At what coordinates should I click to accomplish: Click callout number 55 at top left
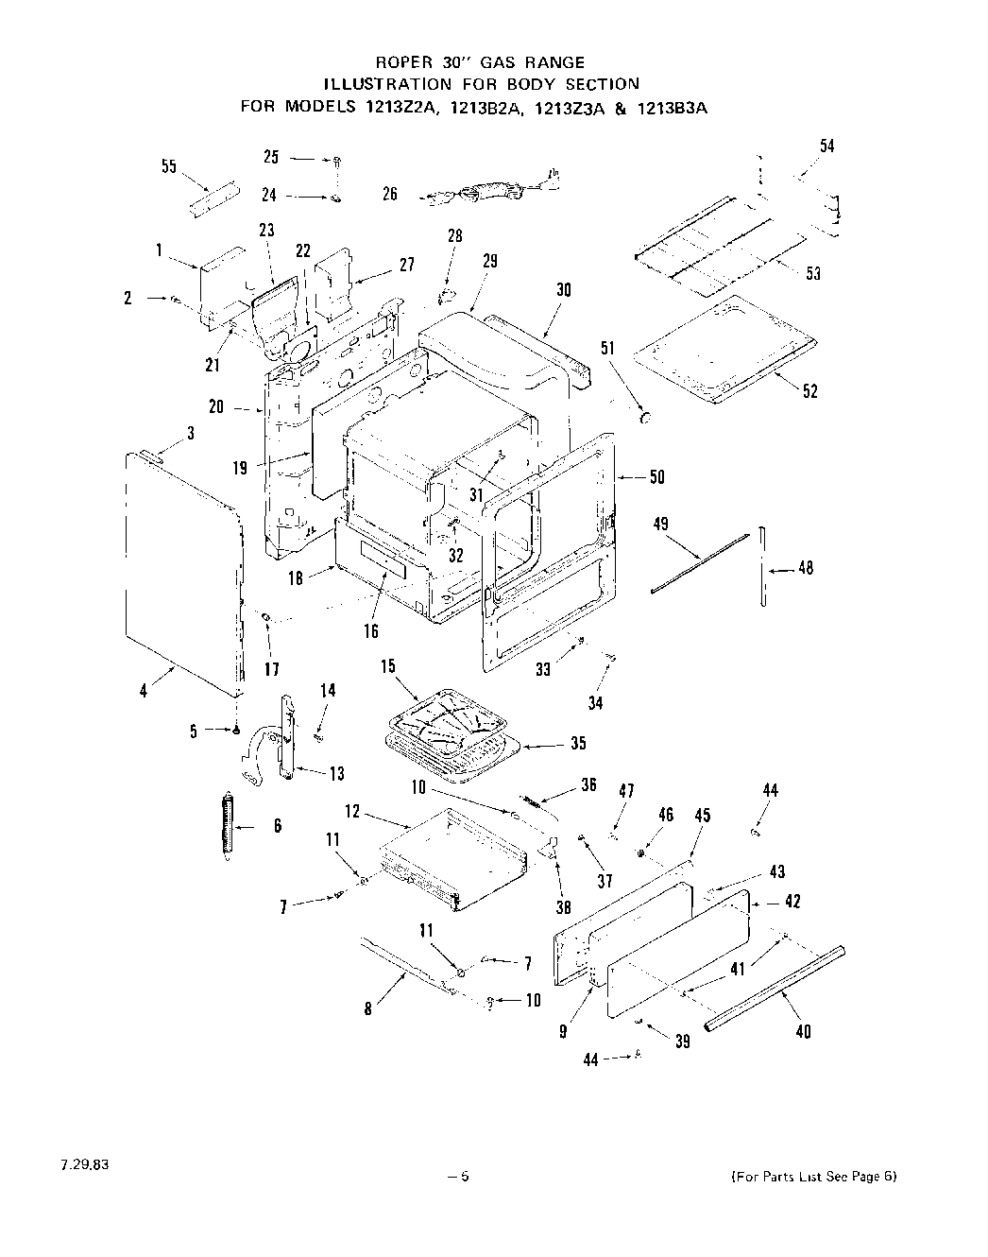tap(168, 167)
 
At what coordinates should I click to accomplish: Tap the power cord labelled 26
tap(486, 189)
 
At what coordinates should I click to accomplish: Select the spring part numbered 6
tap(227, 824)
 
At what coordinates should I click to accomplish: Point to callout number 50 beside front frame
tap(656, 477)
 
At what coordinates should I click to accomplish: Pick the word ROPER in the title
tap(400, 62)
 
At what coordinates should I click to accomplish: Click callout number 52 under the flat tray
tap(809, 391)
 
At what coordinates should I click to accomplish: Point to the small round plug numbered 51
tap(647, 417)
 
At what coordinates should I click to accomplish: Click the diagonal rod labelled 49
tap(699, 563)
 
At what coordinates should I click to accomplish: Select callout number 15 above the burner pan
tap(388, 666)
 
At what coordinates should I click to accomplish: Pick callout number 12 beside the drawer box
tap(352, 811)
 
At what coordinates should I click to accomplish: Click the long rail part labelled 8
tap(406, 964)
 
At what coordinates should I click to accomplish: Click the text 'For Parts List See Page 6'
tap(813, 1177)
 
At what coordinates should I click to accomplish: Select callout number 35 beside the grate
tap(578, 743)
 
